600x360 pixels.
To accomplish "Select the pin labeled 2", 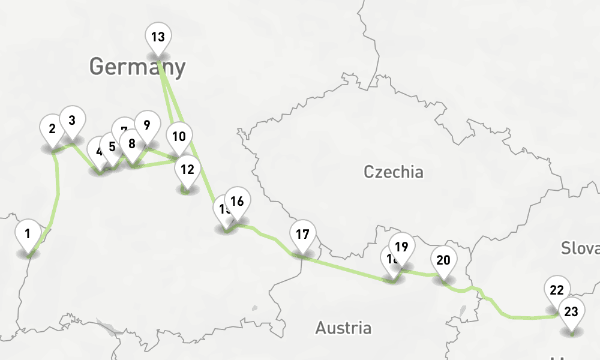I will point(52,129).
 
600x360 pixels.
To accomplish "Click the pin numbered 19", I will point(402,247).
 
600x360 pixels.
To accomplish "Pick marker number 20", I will point(443,261).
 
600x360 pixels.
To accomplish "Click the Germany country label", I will point(137,67).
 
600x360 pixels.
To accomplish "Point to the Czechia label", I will point(394,172).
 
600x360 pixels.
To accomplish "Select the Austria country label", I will point(343,328).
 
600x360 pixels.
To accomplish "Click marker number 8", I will point(131,145).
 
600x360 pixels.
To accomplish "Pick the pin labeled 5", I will point(112,147).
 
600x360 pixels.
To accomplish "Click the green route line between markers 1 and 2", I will point(58,192).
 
